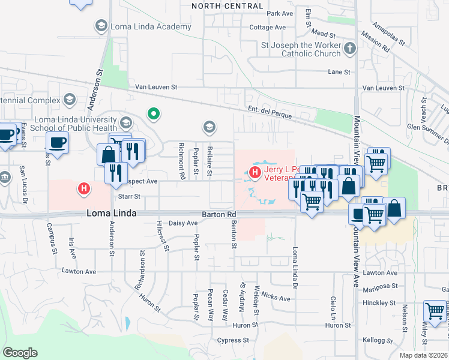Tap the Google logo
click(20, 353)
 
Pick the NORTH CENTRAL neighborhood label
click(228, 6)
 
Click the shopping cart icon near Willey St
click(435, 311)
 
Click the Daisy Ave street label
click(183, 223)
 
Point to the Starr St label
click(129, 196)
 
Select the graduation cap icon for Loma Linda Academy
click(100, 26)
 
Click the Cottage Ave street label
click(267, 28)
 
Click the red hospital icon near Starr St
click(85, 189)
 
